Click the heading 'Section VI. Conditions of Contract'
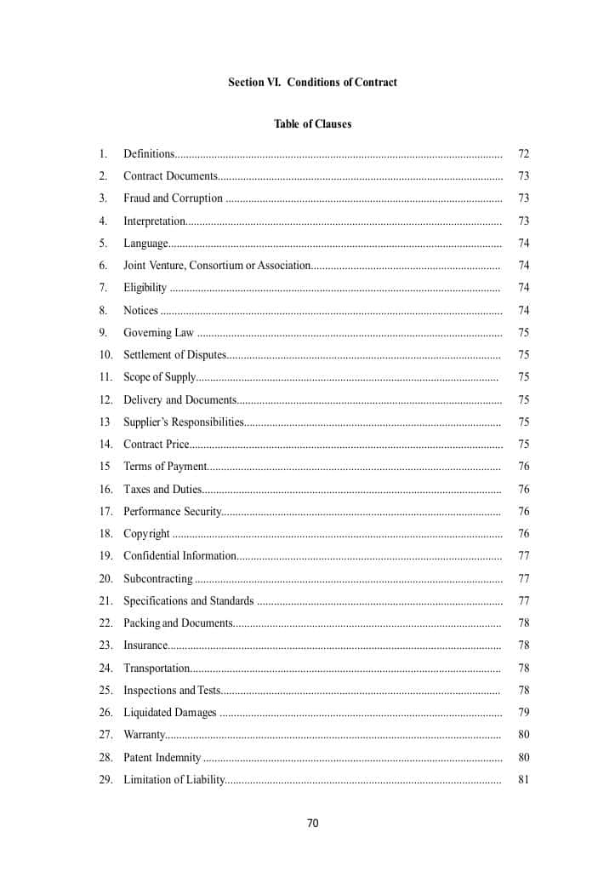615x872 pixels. (x=312, y=83)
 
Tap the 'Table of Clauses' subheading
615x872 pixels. (x=312, y=124)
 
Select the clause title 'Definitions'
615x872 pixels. (x=149, y=154)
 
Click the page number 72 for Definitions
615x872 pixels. (x=523, y=154)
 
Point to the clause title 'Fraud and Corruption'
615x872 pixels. (x=173, y=198)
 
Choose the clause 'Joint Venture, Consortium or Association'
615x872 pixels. (x=217, y=266)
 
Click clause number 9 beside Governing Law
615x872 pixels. (x=103, y=333)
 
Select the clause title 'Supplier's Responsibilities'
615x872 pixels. (x=184, y=422)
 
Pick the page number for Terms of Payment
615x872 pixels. (x=523, y=467)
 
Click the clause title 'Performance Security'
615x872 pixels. (x=172, y=512)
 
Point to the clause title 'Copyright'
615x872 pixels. (x=146, y=534)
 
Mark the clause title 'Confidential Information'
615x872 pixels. (x=179, y=556)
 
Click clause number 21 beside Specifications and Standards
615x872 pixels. (x=105, y=601)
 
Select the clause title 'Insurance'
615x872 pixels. (x=145, y=645)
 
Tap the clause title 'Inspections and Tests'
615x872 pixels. (x=172, y=691)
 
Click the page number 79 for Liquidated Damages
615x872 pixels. (x=523, y=713)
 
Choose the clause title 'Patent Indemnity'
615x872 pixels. (x=162, y=758)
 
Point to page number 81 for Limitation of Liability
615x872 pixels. (x=523, y=780)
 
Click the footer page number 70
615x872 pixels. (x=312, y=823)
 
